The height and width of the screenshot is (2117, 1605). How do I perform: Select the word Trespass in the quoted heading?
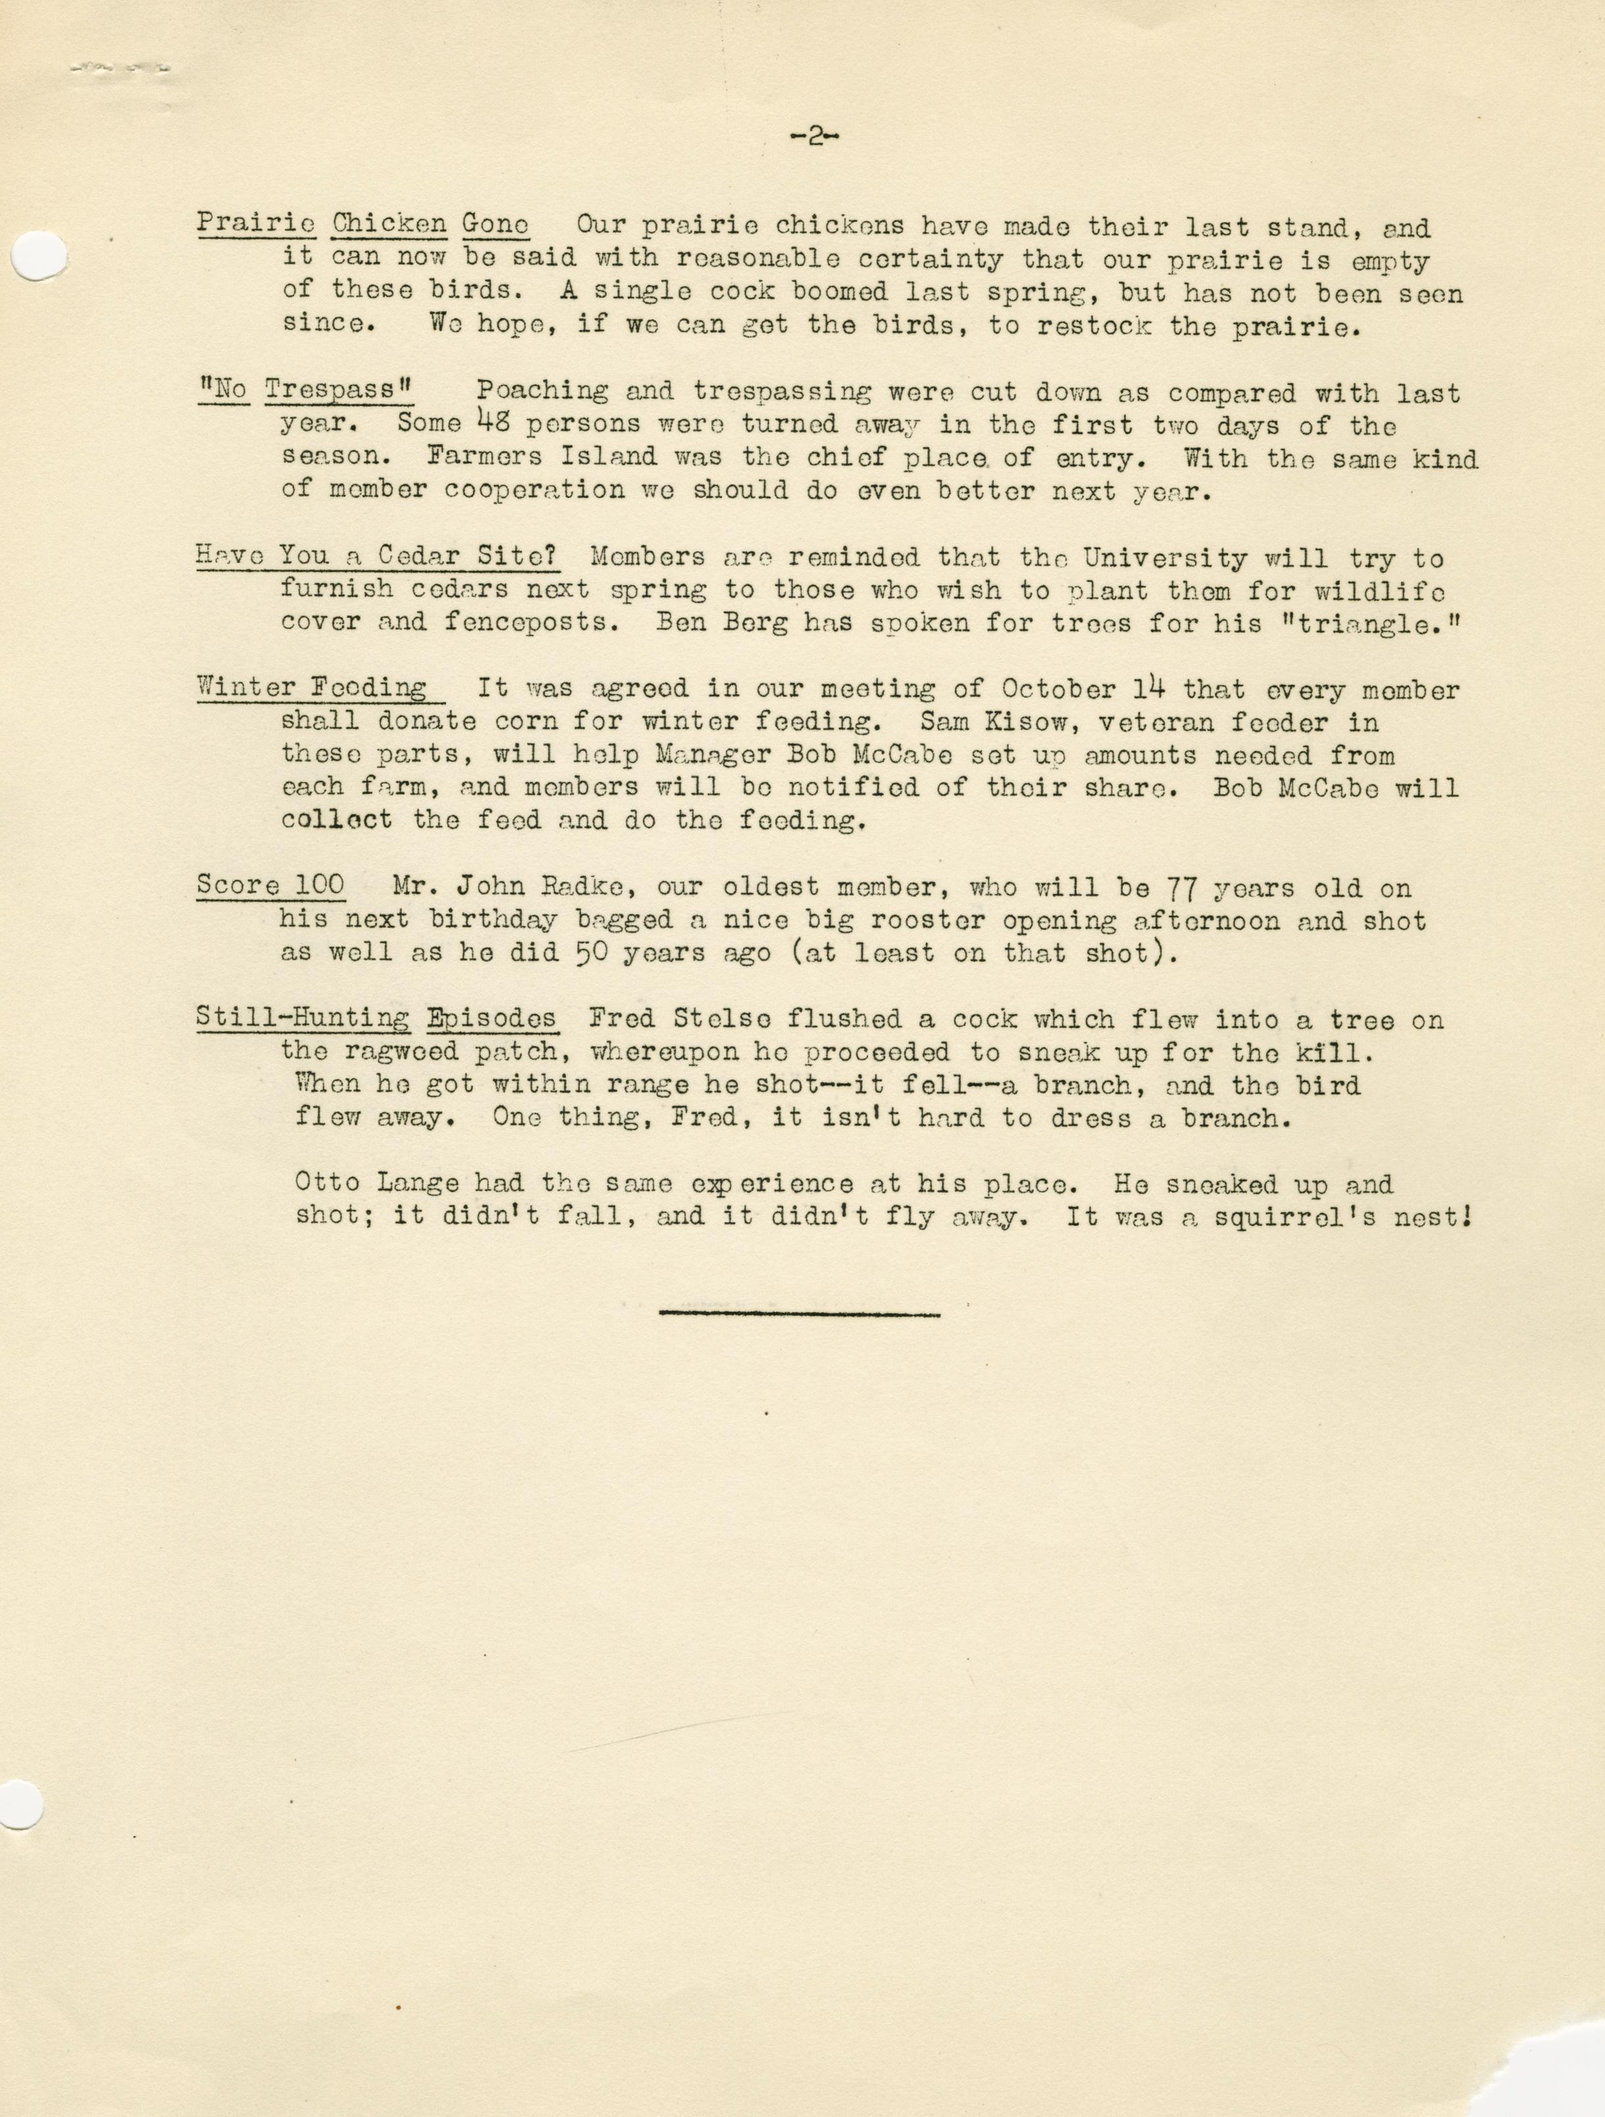click(x=330, y=390)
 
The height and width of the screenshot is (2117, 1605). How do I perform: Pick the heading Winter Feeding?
click(x=312, y=688)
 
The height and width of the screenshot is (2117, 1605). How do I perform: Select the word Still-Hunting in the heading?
click(x=303, y=1019)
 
